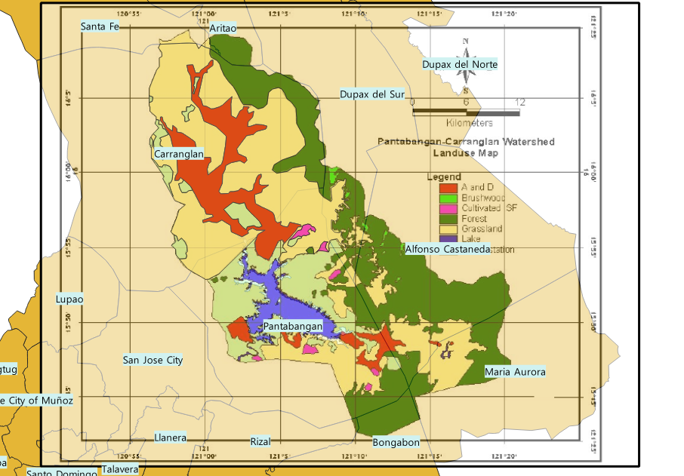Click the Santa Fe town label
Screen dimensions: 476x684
point(100,27)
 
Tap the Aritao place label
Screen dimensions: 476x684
point(223,28)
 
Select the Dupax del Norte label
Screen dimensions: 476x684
point(460,65)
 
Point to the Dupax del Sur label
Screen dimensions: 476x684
point(372,94)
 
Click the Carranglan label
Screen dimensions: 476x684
point(178,155)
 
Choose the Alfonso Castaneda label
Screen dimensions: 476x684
point(448,248)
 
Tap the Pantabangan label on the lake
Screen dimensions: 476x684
point(292,327)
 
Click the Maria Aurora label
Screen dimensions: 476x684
point(514,372)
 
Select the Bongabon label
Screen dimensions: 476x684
point(396,442)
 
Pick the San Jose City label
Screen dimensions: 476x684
point(153,361)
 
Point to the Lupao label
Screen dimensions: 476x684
point(69,299)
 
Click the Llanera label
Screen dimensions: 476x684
point(170,438)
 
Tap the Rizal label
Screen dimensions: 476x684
point(260,441)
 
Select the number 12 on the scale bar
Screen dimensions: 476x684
point(519,102)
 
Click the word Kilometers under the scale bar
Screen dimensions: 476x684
point(469,122)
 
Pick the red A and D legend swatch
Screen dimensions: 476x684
point(448,187)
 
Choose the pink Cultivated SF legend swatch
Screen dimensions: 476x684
point(448,208)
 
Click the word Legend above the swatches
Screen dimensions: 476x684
point(443,177)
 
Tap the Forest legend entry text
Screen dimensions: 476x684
point(474,219)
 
